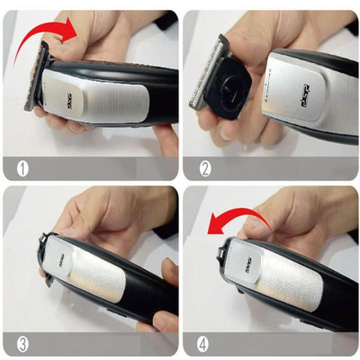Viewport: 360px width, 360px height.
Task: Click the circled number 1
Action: [20, 166]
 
